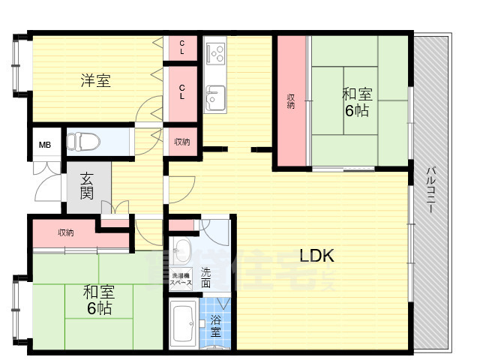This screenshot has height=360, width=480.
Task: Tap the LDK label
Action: click(316, 256)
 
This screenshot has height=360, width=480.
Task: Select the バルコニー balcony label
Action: click(431, 192)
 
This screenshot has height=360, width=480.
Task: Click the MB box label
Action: click(45, 145)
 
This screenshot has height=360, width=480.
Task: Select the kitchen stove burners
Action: click(216, 52)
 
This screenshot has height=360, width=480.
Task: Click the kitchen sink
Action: click(215, 97)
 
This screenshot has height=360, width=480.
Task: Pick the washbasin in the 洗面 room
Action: click(181, 250)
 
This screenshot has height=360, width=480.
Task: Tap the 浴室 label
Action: click(215, 325)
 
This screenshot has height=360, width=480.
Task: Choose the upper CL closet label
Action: click(182, 48)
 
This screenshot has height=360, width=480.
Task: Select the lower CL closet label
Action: click(182, 91)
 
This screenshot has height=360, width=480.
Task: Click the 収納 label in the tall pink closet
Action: click(291, 101)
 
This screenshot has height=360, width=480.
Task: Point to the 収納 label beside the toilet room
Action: click(181, 142)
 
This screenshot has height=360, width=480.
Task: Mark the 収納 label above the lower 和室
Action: click(66, 232)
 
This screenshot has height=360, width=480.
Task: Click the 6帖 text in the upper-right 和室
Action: click(357, 111)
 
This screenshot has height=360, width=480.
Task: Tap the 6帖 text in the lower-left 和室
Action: click(98, 308)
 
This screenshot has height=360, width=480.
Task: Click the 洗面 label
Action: click(205, 278)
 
